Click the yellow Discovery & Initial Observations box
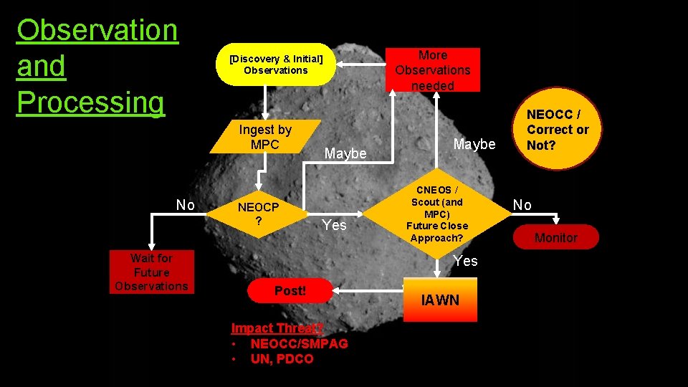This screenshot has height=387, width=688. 276,64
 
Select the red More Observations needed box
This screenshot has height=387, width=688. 433,70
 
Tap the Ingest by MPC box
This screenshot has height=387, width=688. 265,136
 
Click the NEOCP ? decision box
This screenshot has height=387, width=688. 258,213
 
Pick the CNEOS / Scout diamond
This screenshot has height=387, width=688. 436,214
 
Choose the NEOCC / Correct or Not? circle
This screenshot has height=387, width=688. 557,130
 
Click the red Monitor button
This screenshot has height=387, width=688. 555,237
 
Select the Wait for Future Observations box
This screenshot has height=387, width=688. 151,272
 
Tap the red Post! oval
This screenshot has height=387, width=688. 290,291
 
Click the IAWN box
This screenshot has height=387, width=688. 440,300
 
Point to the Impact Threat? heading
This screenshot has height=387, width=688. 277,328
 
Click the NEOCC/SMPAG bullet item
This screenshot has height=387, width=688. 299,343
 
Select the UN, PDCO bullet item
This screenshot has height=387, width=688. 282,358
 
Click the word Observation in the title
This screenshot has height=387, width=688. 97,30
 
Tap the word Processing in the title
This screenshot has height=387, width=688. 90,102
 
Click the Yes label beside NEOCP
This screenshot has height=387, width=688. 334,225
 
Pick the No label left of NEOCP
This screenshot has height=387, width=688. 186,206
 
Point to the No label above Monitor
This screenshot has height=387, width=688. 522,205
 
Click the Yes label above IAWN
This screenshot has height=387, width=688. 466,261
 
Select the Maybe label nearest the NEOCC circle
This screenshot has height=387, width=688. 474,145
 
